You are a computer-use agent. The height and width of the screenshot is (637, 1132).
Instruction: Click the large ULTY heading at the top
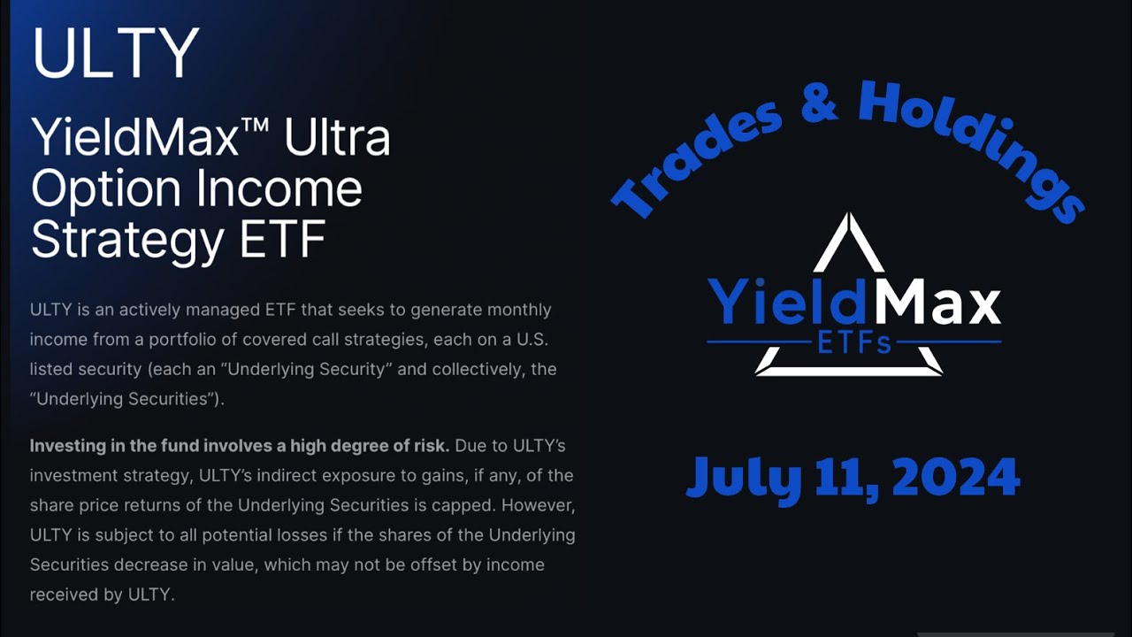(x=115, y=52)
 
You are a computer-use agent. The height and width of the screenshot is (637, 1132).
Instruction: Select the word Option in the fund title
(x=107, y=188)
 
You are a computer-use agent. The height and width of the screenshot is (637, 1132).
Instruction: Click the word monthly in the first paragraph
(x=517, y=311)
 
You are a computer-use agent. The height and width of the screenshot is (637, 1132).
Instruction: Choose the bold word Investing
(x=69, y=444)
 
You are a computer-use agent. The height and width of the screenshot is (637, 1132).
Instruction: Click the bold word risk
(x=430, y=444)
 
